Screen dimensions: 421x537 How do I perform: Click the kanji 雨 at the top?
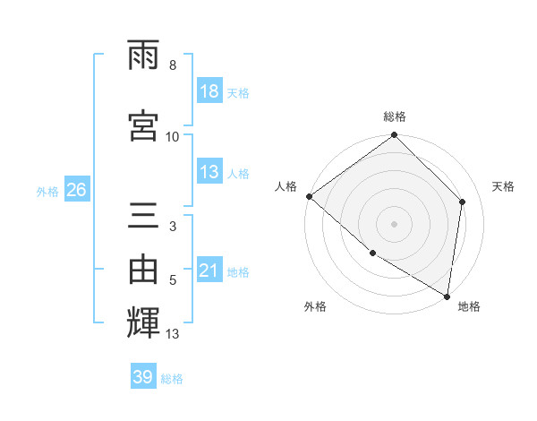click(144, 56)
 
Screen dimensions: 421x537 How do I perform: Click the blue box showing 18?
click(209, 91)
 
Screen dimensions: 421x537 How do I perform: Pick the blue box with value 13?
click(209, 172)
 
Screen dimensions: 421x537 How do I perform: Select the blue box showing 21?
click(209, 271)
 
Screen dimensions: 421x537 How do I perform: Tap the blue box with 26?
click(76, 190)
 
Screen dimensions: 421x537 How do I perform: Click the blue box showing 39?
click(143, 377)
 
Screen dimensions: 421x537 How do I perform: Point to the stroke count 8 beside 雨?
click(173, 65)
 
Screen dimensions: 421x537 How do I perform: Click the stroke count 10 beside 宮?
click(173, 136)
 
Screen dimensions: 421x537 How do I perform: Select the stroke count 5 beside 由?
click(173, 280)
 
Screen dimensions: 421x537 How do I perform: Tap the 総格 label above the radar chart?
click(395, 117)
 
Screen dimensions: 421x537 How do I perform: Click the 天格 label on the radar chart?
click(503, 186)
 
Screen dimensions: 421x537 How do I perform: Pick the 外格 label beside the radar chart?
click(315, 306)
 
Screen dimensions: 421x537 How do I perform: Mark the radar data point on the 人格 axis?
click(309, 196)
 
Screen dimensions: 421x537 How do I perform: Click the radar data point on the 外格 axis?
click(372, 253)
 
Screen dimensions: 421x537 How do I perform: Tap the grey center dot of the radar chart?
click(394, 223)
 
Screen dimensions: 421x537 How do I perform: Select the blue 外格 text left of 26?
click(47, 191)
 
